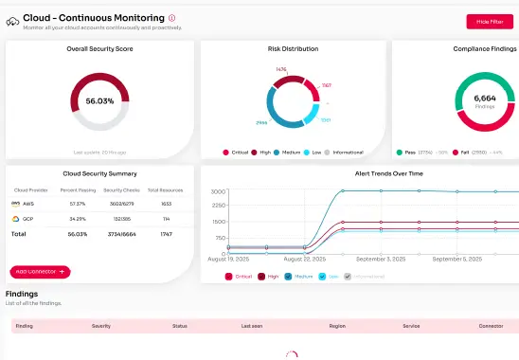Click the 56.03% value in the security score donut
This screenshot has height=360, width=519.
[x=99, y=100]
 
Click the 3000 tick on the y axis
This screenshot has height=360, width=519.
[x=217, y=191]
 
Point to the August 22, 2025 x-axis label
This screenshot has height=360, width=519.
[x=305, y=258]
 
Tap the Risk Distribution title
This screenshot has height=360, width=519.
[x=293, y=48]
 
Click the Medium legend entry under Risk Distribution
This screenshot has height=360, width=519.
[x=290, y=152]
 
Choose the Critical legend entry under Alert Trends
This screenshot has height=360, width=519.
[x=241, y=277]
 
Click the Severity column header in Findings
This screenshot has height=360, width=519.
[x=101, y=325]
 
